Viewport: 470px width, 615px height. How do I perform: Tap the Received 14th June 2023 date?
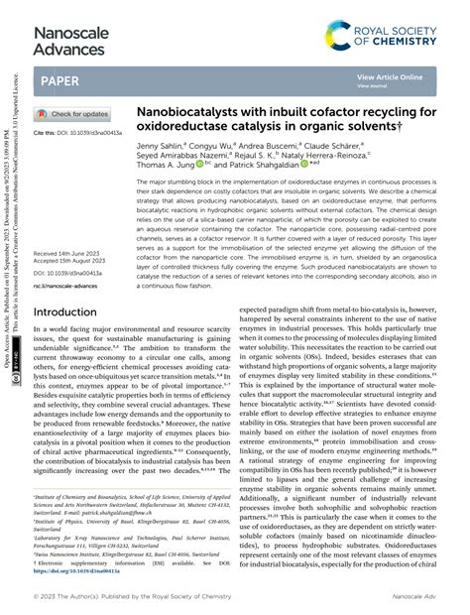(x=68, y=254)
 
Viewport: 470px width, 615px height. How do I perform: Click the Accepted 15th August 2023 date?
(x=71, y=262)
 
